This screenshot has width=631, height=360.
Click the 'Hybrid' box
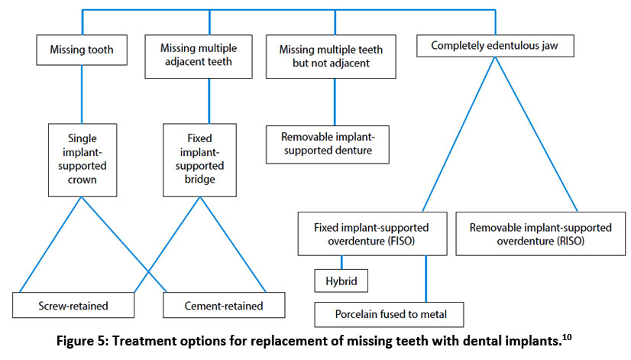point(342,281)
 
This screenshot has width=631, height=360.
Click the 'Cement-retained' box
point(224,305)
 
